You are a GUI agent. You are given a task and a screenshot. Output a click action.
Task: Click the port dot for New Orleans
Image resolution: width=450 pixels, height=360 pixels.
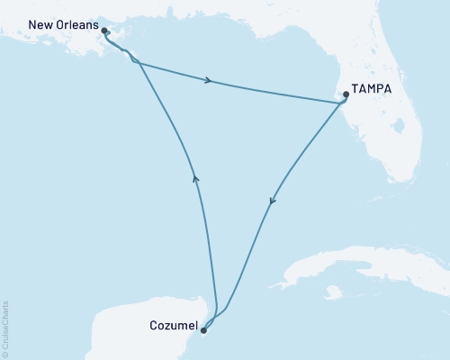tap(104, 31)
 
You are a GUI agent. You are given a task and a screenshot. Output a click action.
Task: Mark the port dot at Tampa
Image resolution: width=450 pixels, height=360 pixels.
tap(346, 94)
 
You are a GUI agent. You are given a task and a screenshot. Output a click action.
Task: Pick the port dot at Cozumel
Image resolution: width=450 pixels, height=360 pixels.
tap(203, 330)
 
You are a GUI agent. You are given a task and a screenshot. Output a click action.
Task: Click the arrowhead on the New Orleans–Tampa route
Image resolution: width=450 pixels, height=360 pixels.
tap(209, 82)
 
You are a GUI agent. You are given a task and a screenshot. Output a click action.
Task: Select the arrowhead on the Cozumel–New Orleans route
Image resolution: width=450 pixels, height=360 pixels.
tap(195, 178)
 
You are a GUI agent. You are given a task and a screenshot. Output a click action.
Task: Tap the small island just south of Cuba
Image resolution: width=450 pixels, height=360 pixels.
tap(335, 292)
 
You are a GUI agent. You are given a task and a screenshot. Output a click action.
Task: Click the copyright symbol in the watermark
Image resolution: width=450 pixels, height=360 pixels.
tap(7, 352)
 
